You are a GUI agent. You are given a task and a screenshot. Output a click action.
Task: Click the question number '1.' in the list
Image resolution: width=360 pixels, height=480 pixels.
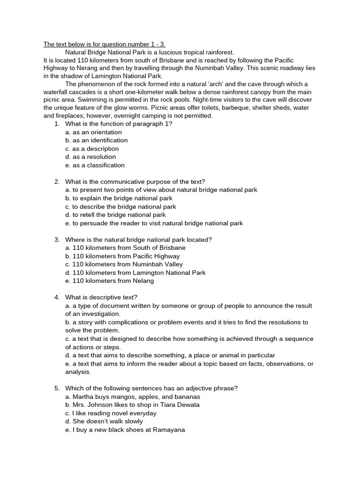(x=57, y=124)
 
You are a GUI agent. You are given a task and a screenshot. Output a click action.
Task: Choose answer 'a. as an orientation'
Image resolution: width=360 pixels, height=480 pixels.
(x=93, y=132)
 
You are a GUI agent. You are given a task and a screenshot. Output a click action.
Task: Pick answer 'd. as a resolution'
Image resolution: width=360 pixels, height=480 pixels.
(x=90, y=157)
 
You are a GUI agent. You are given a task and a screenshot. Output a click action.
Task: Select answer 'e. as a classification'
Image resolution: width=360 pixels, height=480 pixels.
(x=95, y=165)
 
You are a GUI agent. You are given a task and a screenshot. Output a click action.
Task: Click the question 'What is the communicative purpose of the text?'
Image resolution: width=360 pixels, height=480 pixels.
(x=135, y=181)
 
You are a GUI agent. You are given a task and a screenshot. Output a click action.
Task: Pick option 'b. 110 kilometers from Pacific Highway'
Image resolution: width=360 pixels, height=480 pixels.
(x=122, y=256)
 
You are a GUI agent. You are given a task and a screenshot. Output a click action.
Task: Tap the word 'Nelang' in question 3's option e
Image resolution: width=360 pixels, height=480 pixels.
(x=144, y=281)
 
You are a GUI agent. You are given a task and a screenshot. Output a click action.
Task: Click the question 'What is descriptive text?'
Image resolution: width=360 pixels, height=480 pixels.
(x=101, y=297)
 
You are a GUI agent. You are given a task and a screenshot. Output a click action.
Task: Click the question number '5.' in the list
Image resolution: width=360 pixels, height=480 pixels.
(x=57, y=388)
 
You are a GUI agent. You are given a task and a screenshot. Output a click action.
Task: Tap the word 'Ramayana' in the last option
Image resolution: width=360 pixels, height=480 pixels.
(x=168, y=429)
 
